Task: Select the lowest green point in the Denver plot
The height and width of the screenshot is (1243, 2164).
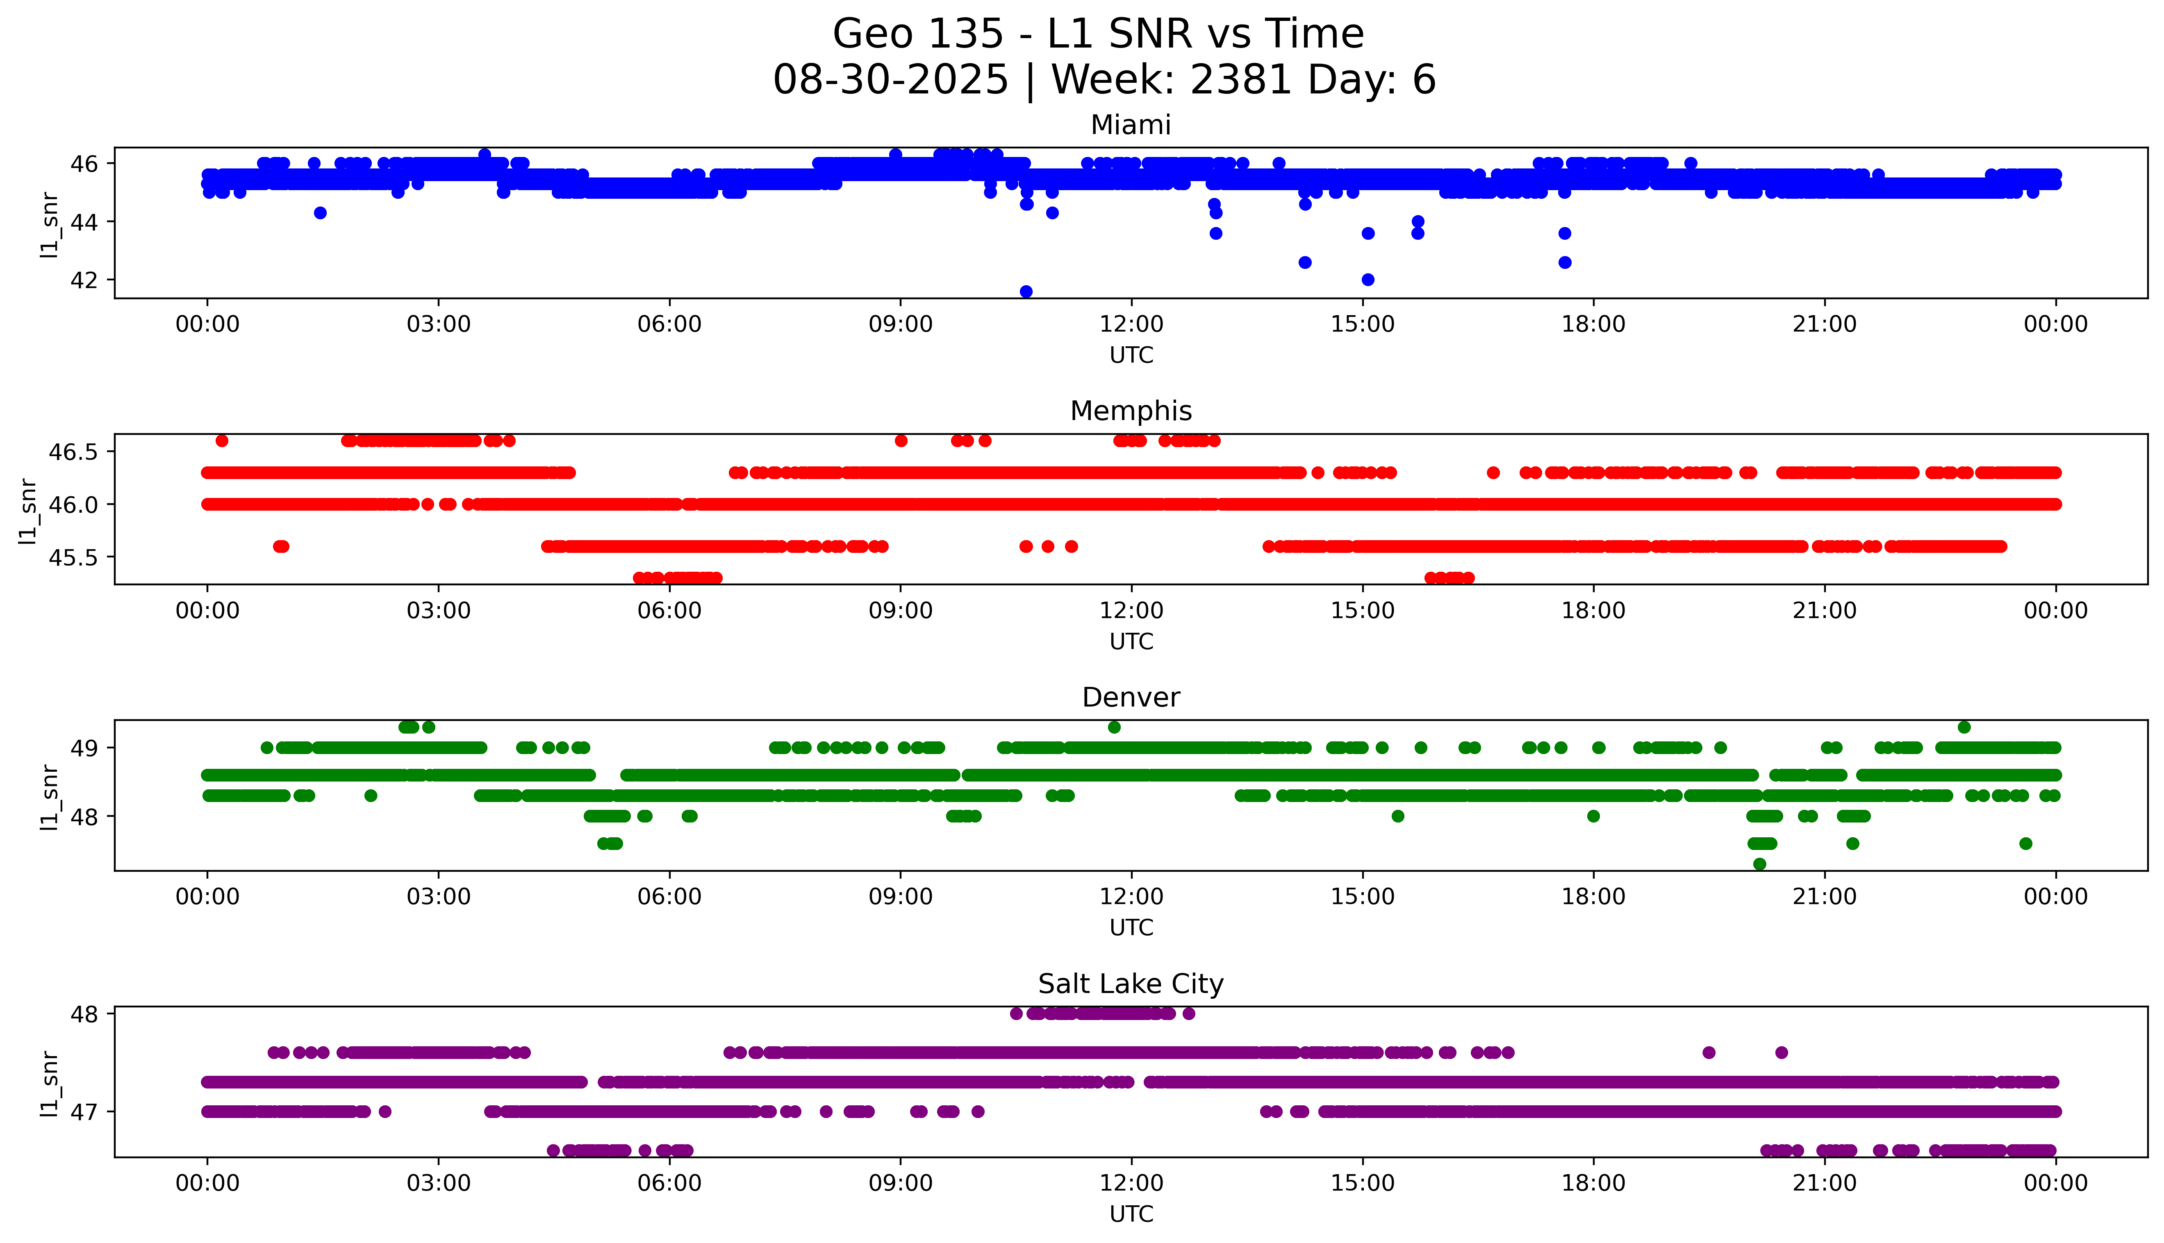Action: click(x=1759, y=864)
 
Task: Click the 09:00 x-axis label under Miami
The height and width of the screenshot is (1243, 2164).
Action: click(x=901, y=325)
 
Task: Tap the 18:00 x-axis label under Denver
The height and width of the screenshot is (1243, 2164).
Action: click(x=1594, y=897)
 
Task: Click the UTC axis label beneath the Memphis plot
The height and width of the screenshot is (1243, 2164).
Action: click(x=1131, y=641)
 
